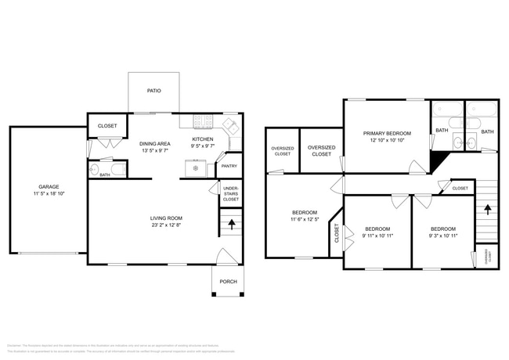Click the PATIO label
(x=154, y=91)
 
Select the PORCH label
(x=228, y=282)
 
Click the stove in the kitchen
(x=204, y=121)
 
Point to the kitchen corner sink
(x=231, y=125)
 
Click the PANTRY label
(x=229, y=166)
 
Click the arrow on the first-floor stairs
(x=231, y=224)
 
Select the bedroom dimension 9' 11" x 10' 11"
(x=377, y=236)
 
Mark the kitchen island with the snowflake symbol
(x=193, y=167)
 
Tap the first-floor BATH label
(x=104, y=175)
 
